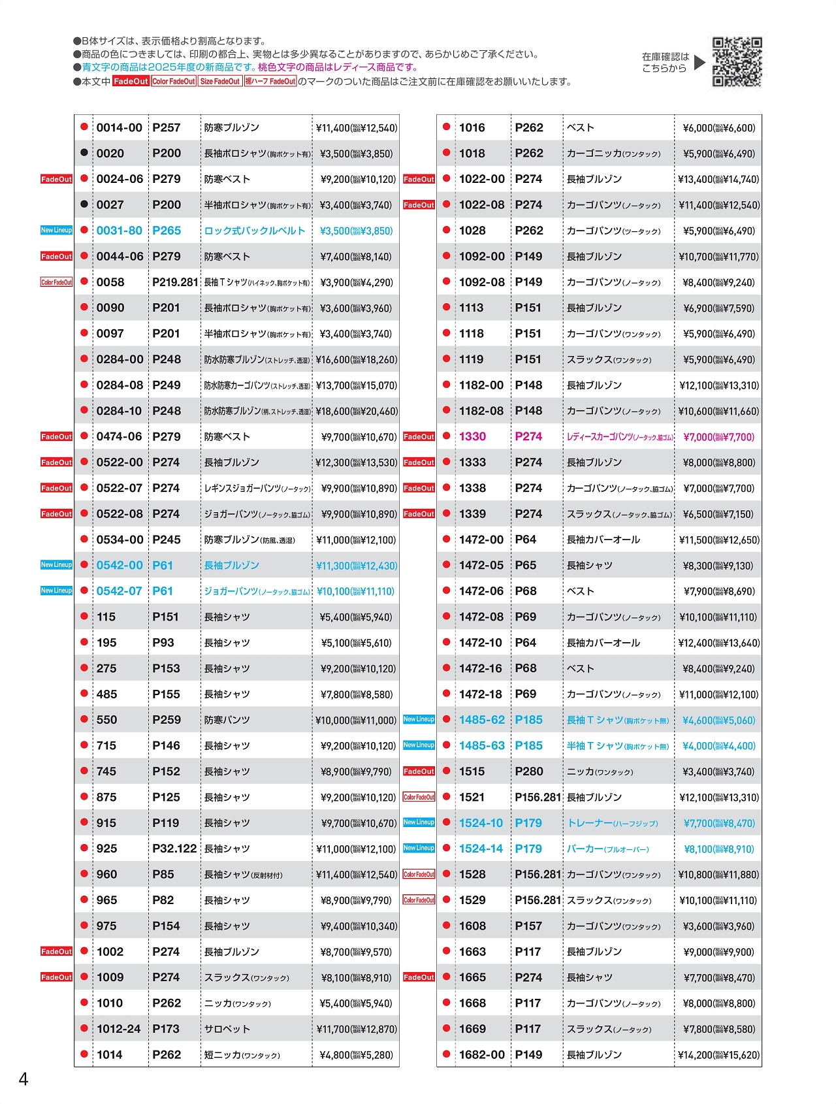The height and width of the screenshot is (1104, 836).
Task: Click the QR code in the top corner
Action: click(x=737, y=62)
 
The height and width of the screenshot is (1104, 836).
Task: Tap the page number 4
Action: click(x=24, y=1079)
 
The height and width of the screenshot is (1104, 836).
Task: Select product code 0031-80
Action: click(x=119, y=231)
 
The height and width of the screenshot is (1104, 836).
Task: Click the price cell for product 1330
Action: click(x=718, y=437)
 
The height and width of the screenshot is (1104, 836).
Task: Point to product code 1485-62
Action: click(x=481, y=720)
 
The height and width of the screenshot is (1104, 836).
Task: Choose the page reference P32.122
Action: click(x=174, y=849)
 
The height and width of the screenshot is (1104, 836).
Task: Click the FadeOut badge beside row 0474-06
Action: click(x=56, y=436)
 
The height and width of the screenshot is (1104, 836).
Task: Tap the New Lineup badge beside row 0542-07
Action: click(x=56, y=591)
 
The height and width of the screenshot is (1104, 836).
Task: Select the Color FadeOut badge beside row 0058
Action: click(x=56, y=282)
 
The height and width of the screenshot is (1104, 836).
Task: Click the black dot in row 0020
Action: click(x=84, y=153)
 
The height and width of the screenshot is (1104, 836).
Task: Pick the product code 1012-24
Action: click(x=118, y=1029)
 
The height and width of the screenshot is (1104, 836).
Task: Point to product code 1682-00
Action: click(x=481, y=1054)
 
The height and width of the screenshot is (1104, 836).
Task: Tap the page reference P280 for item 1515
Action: click(x=528, y=771)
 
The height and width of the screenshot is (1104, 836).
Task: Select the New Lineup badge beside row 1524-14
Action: click(x=419, y=848)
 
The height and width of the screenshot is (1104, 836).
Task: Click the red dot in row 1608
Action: click(x=447, y=925)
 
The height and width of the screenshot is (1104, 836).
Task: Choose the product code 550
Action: click(x=106, y=720)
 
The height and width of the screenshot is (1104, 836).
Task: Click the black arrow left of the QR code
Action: click(x=699, y=63)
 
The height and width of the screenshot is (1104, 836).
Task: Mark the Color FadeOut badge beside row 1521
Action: click(x=419, y=797)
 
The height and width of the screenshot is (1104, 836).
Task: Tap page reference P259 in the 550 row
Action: click(x=166, y=720)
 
